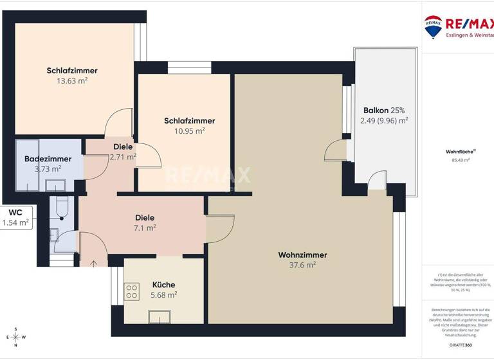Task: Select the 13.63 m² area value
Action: click(x=72, y=81)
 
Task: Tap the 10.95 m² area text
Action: click(x=189, y=130)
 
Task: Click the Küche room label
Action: click(x=163, y=285)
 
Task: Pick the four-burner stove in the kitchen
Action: click(x=132, y=291)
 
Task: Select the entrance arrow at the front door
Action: click(x=95, y=262)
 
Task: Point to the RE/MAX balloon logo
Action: click(x=433, y=26)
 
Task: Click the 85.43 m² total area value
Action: click(x=457, y=160)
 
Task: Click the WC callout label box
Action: click(x=15, y=217)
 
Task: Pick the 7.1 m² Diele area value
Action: click(x=145, y=228)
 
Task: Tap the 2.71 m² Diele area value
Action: click(x=122, y=157)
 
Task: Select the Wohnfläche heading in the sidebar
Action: click(x=457, y=152)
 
